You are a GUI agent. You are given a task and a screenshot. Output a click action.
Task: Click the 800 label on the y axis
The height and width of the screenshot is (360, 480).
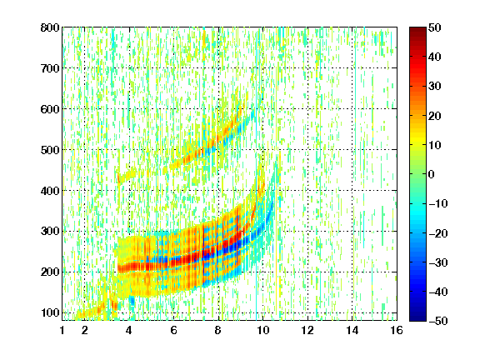(x=50, y=27)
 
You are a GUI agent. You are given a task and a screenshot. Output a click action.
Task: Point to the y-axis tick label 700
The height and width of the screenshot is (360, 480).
(x=50, y=68)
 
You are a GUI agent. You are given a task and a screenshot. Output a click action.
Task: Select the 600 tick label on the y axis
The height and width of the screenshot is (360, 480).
(x=50, y=109)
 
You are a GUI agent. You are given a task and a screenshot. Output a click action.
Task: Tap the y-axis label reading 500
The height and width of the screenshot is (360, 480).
(x=50, y=150)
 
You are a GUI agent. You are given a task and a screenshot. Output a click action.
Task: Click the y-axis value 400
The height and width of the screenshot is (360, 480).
(x=50, y=191)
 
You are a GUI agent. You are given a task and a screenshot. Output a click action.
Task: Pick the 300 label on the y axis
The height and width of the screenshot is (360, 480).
(x=50, y=231)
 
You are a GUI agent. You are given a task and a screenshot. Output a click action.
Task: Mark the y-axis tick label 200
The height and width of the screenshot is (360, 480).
(x=50, y=272)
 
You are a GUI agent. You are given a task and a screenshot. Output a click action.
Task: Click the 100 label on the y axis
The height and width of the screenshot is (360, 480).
(x=50, y=312)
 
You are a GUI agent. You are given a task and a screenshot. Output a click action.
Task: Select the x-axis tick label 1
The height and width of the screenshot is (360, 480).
(x=62, y=330)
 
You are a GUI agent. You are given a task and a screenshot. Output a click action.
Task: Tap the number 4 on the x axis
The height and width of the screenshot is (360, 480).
(x=129, y=330)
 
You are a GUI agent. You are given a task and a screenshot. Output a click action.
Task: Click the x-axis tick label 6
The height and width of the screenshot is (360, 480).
(x=173, y=330)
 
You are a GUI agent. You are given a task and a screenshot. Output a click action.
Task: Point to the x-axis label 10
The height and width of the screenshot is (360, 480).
(x=263, y=330)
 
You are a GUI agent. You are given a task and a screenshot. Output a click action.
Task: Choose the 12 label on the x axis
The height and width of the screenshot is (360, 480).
(x=307, y=330)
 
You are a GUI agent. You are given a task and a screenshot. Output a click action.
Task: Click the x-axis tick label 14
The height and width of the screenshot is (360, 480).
(x=352, y=330)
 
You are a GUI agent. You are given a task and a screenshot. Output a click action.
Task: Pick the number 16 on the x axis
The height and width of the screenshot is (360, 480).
(x=397, y=330)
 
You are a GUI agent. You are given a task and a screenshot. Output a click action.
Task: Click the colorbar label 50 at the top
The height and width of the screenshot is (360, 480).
(x=434, y=27)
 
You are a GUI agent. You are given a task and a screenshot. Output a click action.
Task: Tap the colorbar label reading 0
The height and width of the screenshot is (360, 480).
(x=432, y=174)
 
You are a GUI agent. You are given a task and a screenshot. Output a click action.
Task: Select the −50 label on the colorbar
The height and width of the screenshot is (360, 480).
(x=438, y=321)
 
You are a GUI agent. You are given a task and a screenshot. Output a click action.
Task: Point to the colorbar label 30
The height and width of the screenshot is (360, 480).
(x=434, y=86)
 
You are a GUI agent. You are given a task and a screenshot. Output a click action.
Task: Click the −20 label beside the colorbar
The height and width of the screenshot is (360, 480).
(x=438, y=233)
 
